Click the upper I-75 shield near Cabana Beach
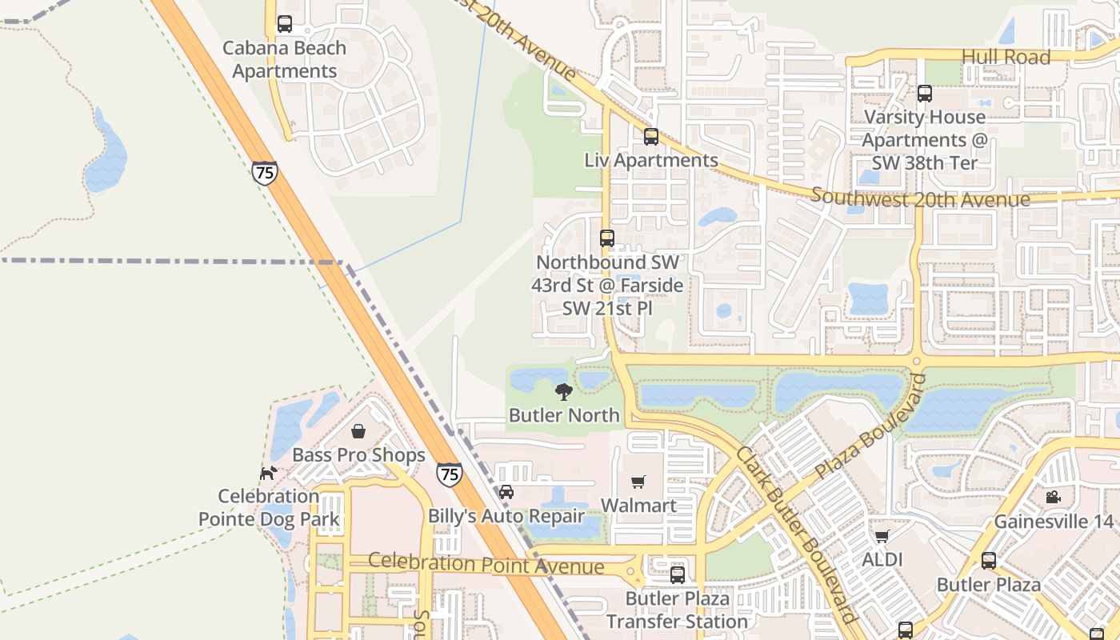pos(264,173)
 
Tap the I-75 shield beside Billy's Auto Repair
pos(450,474)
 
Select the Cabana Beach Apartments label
pos(284,59)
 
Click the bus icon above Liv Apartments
pos(651,137)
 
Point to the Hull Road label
pos(1006,57)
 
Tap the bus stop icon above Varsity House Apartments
pos(925,94)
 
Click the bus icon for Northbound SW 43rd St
pos(607,238)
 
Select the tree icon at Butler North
pos(564,391)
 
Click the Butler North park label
pos(564,415)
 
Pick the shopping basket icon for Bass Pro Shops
pos(358,431)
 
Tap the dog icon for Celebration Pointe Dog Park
pos(268,473)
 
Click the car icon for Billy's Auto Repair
pos(506,491)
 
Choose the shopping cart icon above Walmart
pos(638,482)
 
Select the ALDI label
pos(882,559)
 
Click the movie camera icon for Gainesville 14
pos(1053,497)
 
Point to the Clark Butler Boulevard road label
pos(796,534)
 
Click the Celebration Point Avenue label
pos(486,564)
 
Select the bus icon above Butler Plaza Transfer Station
pos(678,574)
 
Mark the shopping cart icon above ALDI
pos(882,536)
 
